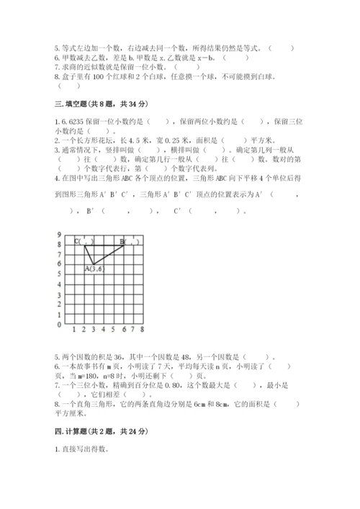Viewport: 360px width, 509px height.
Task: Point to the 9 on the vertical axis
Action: coord(58,235)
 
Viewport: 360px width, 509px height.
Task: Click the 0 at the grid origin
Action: coord(58,325)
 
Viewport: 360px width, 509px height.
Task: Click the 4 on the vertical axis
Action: coord(58,285)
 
